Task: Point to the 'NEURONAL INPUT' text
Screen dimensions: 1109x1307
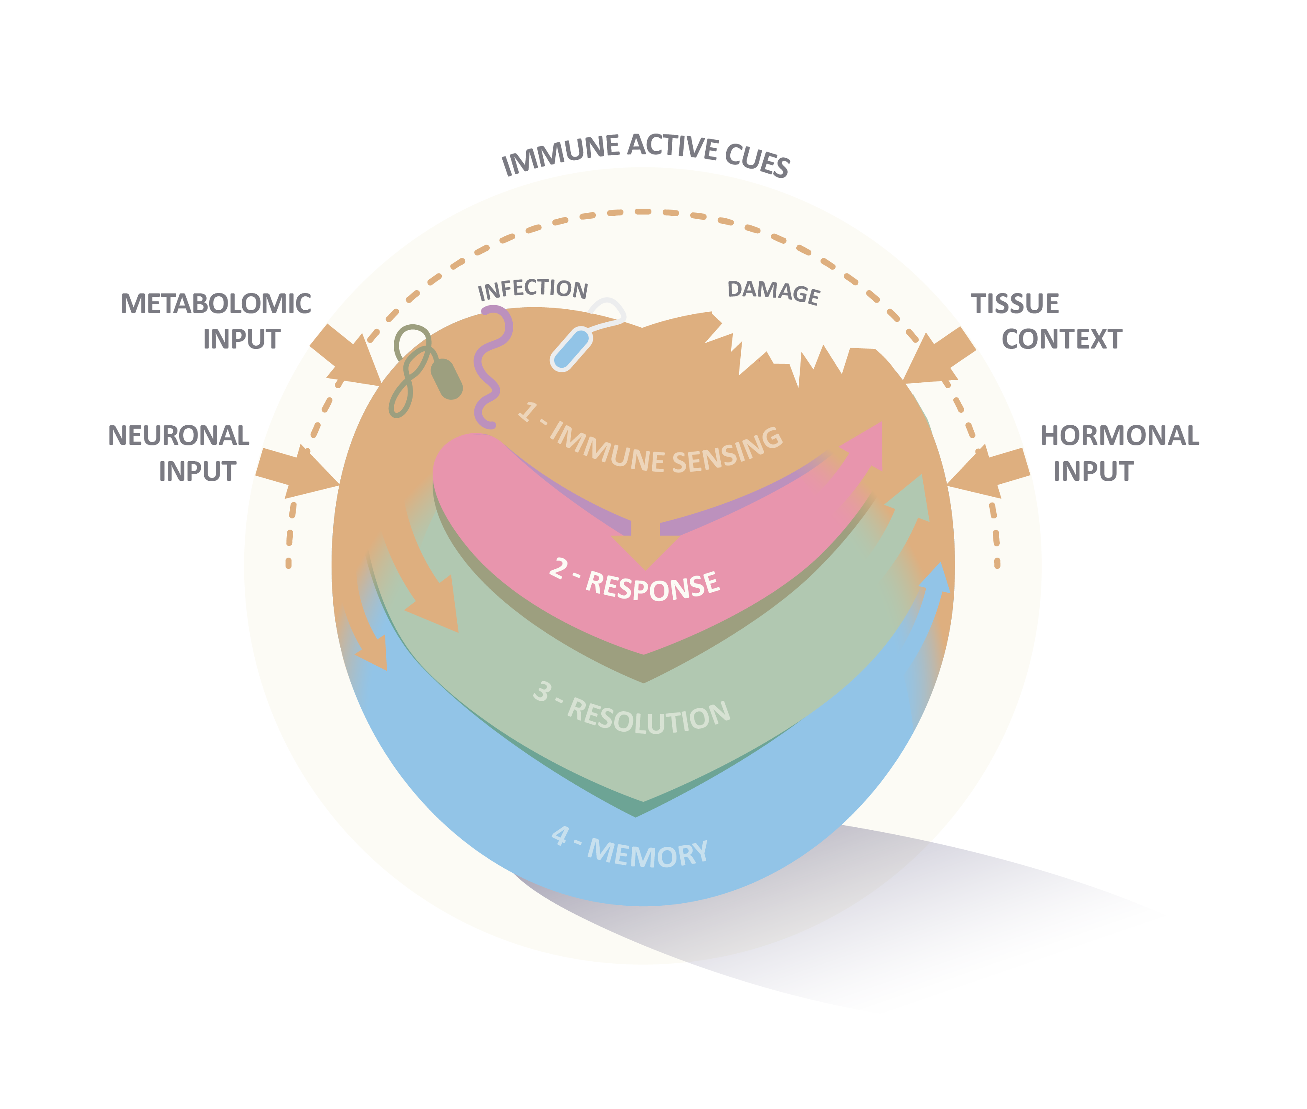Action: click(x=179, y=452)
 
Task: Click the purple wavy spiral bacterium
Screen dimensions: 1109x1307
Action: click(x=491, y=365)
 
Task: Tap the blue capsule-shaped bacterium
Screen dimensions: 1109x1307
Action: click(x=571, y=349)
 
